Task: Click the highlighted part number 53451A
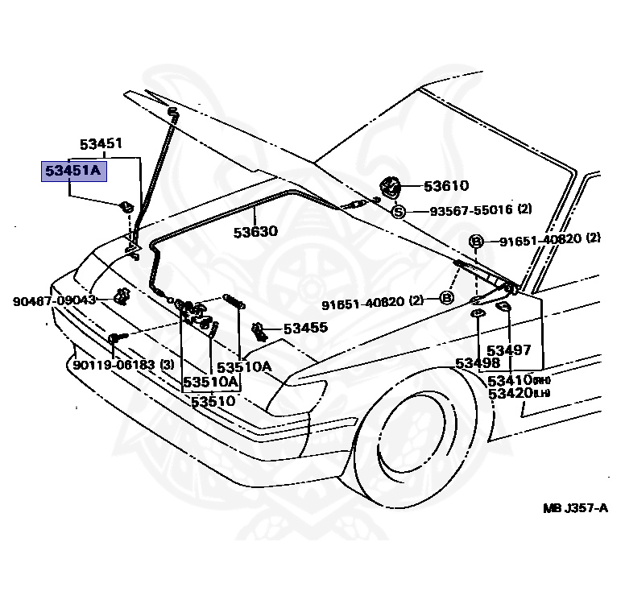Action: click(73, 171)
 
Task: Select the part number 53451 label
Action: click(101, 145)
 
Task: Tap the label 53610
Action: click(446, 187)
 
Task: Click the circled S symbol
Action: click(398, 212)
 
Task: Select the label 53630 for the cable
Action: click(255, 232)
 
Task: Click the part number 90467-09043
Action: click(54, 300)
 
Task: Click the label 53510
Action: click(213, 400)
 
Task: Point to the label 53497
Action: click(509, 350)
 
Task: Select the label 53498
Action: click(478, 363)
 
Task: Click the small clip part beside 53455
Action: click(259, 329)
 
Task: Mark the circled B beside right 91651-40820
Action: click(476, 241)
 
